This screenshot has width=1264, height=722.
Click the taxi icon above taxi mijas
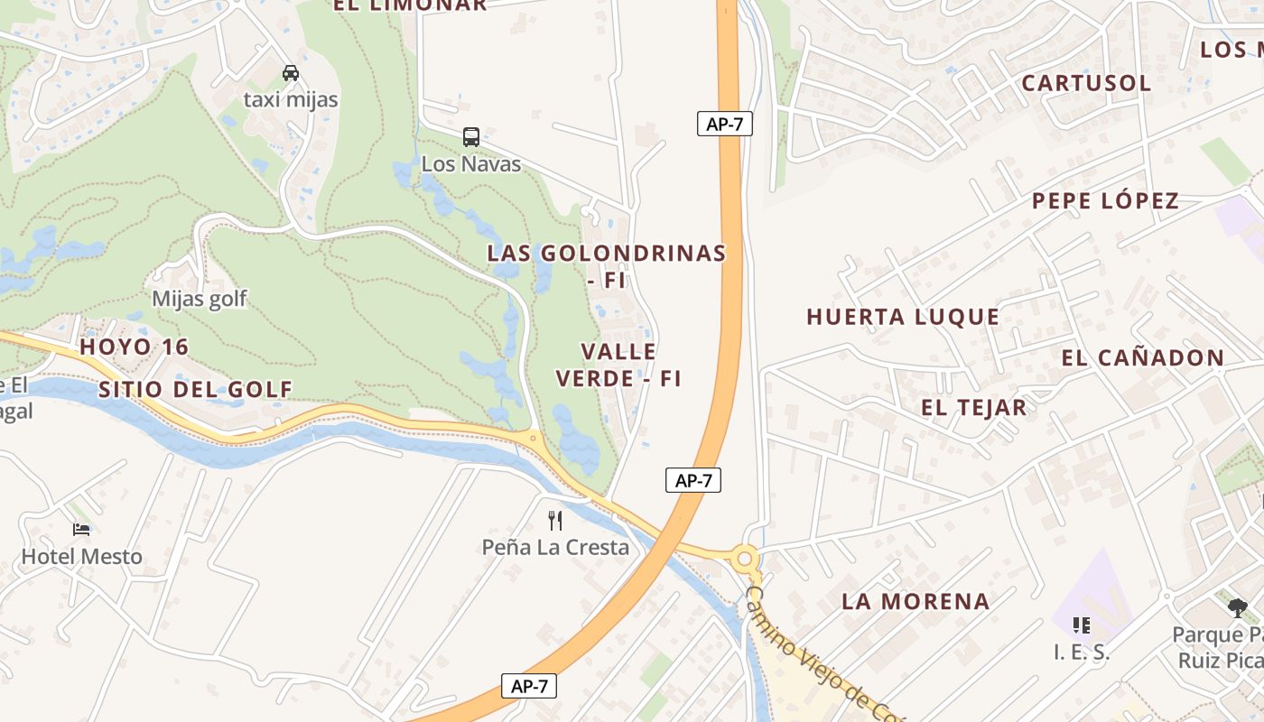[290, 73]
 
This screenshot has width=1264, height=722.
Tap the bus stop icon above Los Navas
[471, 137]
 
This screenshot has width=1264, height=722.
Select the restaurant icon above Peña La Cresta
[555, 520]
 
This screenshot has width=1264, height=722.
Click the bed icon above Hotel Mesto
[81, 529]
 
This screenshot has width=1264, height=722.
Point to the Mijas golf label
[199, 299]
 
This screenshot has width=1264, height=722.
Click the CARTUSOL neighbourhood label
[1086, 83]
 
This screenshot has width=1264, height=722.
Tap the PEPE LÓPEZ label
[1105, 200]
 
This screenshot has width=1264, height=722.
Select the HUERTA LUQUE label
[903, 317]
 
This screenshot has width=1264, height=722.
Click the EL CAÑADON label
[1142, 357]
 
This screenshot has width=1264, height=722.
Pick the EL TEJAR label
[973, 407]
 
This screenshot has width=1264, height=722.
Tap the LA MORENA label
[915, 601]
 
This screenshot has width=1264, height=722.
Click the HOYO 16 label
[134, 347]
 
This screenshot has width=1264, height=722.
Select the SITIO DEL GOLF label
[195, 389]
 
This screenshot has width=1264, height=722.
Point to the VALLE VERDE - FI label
[618, 365]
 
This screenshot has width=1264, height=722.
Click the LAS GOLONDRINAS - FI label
[607, 265]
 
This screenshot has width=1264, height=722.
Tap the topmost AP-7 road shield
[724, 124]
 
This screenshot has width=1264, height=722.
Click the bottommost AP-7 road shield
[529, 686]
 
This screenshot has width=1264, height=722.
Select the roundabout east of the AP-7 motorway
[745, 559]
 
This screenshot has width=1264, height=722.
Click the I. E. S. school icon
[1081, 625]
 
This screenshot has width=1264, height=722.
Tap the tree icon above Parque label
[1237, 607]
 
